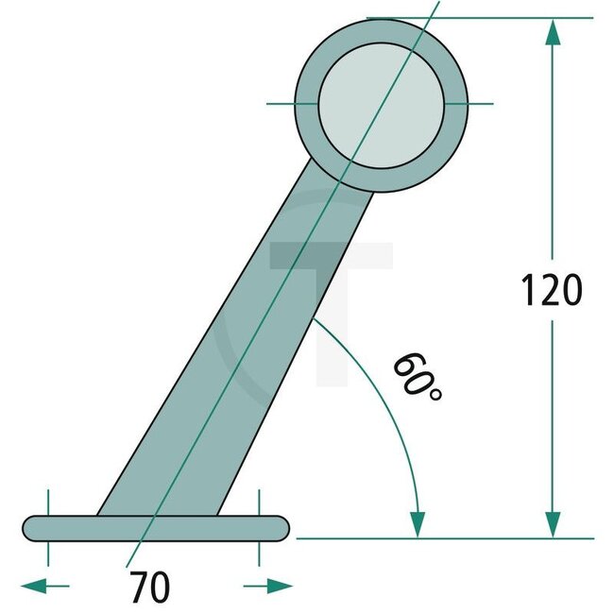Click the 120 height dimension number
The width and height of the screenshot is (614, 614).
tap(552, 291)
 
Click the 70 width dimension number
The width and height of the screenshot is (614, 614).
tap(150, 588)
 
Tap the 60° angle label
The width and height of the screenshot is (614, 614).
tap(416, 377)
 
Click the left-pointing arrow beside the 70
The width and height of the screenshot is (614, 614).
tap(34, 587)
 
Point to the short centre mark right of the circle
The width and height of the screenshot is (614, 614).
tap(480, 102)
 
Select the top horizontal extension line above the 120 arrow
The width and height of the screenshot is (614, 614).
tap(472, 18)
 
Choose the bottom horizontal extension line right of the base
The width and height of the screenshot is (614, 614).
tap(444, 538)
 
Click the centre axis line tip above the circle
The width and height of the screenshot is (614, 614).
tap(433, 8)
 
